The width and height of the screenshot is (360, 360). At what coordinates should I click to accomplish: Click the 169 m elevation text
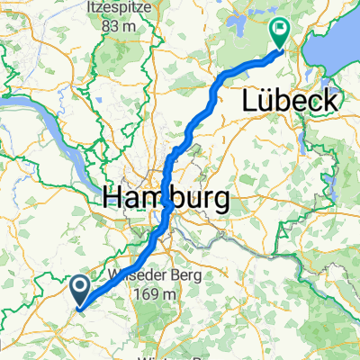(158, 294)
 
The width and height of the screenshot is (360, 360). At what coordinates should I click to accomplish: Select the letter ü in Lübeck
(269, 101)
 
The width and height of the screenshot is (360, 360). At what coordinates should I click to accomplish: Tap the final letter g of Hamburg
(219, 198)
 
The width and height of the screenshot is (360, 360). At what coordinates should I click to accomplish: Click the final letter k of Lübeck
(330, 101)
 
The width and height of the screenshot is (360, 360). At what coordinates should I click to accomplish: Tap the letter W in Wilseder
(114, 275)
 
